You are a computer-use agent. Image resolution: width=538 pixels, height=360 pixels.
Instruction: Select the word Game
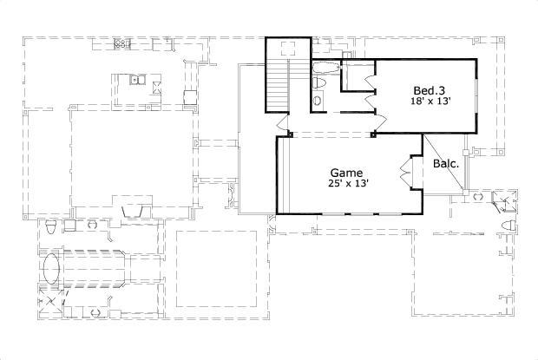pyautogui.click(x=346, y=173)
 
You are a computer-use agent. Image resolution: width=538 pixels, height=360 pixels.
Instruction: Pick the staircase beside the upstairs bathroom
pyautogui.click(x=277, y=87)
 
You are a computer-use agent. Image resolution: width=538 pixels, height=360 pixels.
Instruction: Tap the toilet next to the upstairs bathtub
pyautogui.click(x=320, y=82)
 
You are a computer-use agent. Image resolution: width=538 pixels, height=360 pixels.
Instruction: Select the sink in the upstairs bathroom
pyautogui.click(x=316, y=101)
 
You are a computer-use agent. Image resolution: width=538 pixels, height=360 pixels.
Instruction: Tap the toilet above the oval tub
pyautogui.click(x=51, y=228)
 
